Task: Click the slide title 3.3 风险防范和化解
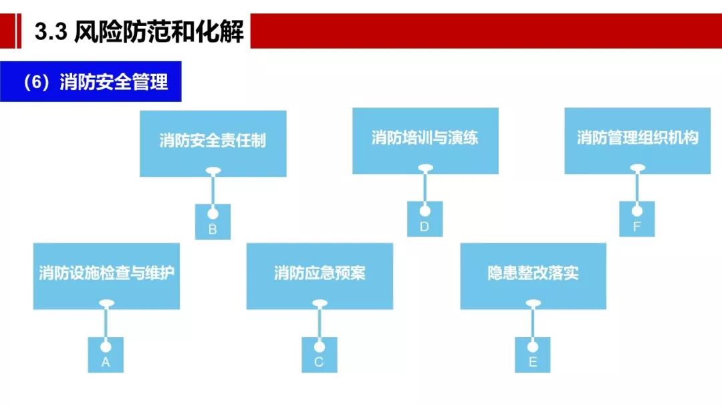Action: (x=139, y=32)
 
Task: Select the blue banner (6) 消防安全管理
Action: (x=91, y=82)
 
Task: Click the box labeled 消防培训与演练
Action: (x=425, y=139)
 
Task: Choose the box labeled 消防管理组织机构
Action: (x=637, y=138)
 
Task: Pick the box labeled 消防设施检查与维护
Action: (x=106, y=274)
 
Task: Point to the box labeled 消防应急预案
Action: (x=320, y=274)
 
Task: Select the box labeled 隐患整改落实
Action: (x=533, y=274)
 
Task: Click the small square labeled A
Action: (x=106, y=355)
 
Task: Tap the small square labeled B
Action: (x=213, y=222)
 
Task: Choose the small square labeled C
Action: (x=319, y=355)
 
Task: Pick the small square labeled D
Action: (x=425, y=219)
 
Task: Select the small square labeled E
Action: (x=533, y=355)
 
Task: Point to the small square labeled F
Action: (x=636, y=219)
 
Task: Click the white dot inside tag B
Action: (x=213, y=214)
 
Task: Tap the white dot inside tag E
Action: (x=533, y=347)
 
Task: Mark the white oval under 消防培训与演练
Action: (x=425, y=170)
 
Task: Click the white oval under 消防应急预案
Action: (x=320, y=304)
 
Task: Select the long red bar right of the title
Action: (x=485, y=31)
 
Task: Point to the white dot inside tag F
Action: (x=636, y=210)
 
